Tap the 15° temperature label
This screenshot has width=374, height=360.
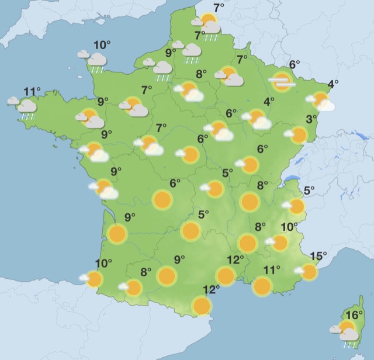tap(318, 255)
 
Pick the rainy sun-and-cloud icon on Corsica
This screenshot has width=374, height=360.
tap(348, 331)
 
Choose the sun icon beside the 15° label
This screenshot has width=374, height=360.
tap(309, 271)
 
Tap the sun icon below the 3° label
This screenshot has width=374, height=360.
tap(298, 135)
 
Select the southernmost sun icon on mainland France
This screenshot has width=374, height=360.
tap(202, 306)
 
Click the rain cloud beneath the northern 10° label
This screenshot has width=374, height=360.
tap(96, 60)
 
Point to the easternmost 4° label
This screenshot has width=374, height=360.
tap(333, 84)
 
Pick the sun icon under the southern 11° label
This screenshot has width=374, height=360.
tap(262, 286)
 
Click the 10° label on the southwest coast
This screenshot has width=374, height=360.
tap(103, 263)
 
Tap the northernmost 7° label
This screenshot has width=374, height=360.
tap(219, 8)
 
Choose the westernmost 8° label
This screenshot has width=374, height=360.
tap(146, 271)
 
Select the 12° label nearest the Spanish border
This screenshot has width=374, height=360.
tap(211, 289)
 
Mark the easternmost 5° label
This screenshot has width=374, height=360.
tap(309, 190)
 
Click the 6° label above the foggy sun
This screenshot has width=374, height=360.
tap(294, 64)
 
